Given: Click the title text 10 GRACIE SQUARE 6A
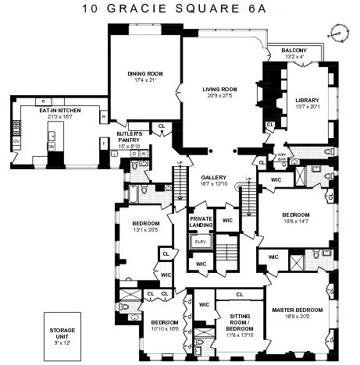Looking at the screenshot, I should (x=180, y=9).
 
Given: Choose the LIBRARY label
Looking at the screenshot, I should (x=308, y=99).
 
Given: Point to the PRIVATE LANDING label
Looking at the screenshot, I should (x=201, y=223).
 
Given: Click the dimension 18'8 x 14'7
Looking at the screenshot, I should (x=295, y=221).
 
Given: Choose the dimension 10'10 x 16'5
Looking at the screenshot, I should (x=165, y=330).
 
